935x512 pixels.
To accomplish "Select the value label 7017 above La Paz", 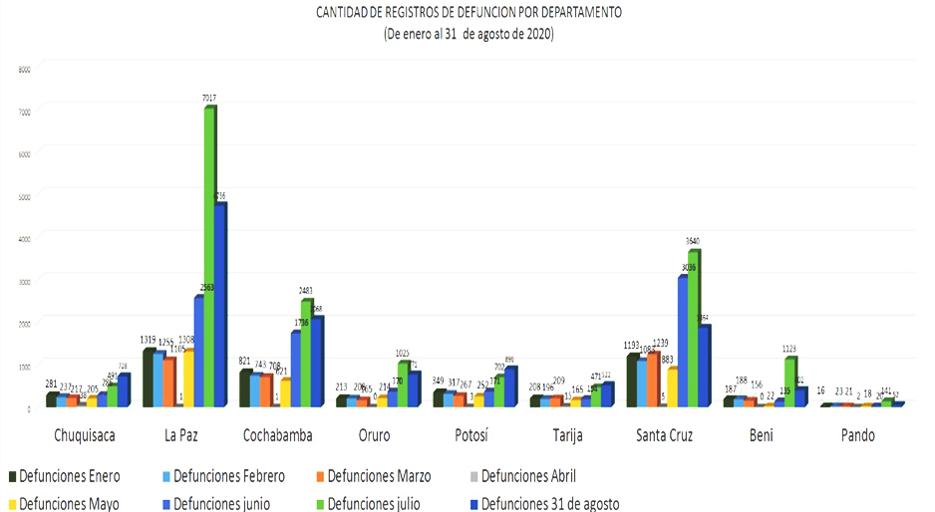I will point(209,98).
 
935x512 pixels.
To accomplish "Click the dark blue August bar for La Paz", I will point(221,304).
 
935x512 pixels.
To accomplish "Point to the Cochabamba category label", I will point(277,435).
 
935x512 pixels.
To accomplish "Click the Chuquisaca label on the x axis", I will point(87,435).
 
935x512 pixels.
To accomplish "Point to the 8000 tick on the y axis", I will point(24,69).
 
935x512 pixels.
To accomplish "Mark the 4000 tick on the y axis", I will point(24,237).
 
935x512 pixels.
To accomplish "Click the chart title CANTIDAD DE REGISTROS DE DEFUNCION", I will point(468,13).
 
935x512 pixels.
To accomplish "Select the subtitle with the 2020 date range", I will point(468,34).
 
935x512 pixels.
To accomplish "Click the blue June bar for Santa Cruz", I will point(682,339).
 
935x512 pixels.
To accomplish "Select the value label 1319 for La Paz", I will point(146,339).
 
